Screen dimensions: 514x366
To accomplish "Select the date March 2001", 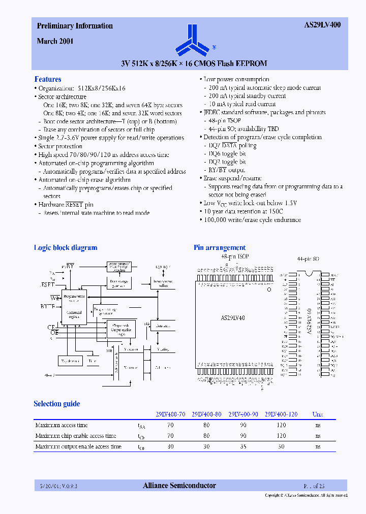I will pos(55,42).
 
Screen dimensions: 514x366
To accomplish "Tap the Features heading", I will pos(48,79).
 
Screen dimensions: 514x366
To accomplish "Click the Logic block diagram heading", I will pos(65,248).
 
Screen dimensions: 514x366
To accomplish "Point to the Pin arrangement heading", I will pos(220,248).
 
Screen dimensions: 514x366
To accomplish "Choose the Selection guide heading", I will pos(57,404).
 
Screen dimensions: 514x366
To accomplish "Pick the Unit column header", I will pos(318,414).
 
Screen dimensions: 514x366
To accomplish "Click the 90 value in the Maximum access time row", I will pos(243,425).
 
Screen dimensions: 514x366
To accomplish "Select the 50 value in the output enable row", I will pos(281,446).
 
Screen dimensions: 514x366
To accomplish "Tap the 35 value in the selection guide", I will pos(243,446).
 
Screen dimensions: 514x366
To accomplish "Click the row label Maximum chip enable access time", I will pos(76,436).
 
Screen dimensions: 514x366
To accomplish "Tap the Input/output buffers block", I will pos(163,284).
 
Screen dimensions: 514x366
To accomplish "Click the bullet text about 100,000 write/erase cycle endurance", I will pos(252,220).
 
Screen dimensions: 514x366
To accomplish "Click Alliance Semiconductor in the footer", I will pos(179,486).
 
